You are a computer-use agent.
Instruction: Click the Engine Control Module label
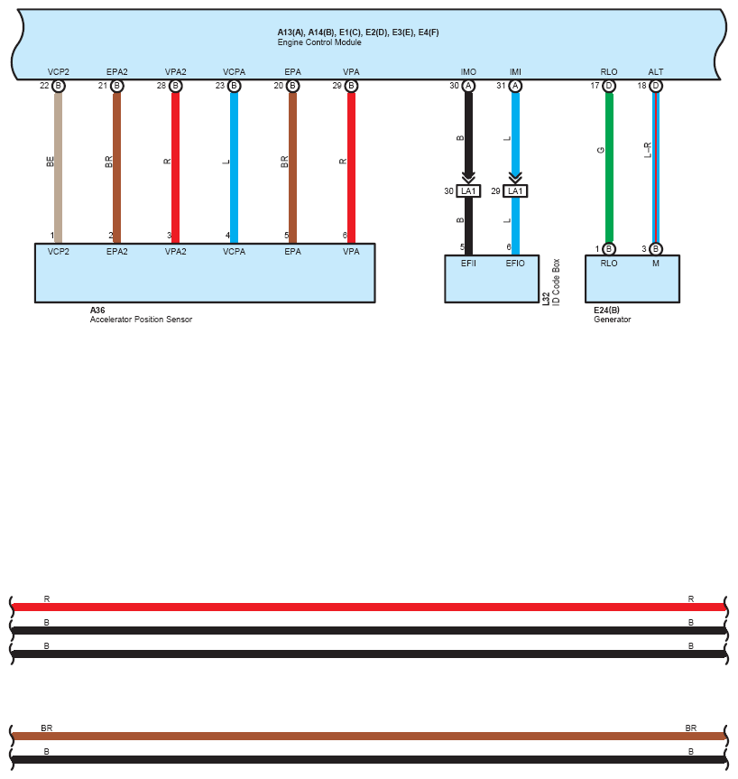point(318,42)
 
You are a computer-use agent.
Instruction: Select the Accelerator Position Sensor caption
point(141,320)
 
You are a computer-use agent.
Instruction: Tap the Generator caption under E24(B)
point(612,320)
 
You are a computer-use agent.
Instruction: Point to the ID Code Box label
point(556,283)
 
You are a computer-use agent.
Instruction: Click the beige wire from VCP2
point(59,162)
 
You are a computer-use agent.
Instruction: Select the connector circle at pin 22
point(59,86)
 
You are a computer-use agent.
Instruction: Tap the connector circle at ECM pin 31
point(515,86)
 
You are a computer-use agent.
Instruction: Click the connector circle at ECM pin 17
point(609,86)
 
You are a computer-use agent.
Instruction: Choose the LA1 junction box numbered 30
point(468,191)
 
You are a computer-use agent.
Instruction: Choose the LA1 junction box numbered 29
point(515,191)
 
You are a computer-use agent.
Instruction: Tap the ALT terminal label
point(656,72)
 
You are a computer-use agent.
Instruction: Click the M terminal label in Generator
point(656,263)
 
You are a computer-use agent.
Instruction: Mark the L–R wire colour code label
point(647,150)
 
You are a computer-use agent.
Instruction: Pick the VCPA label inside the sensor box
point(234,252)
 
